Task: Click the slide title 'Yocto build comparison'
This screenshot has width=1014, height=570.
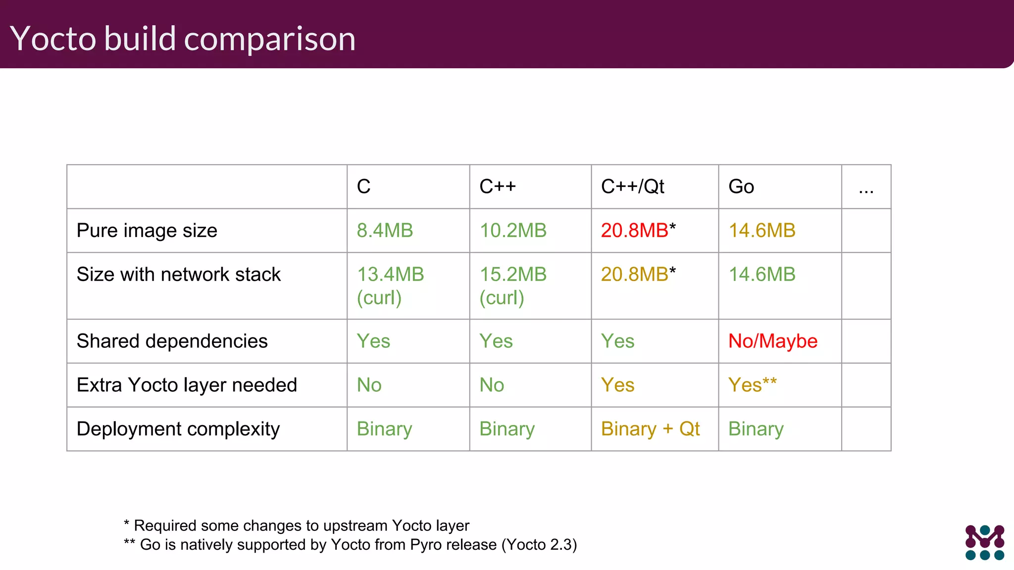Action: click(x=183, y=38)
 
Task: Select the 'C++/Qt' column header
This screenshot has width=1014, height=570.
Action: click(x=632, y=187)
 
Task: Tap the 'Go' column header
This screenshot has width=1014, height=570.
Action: click(x=741, y=187)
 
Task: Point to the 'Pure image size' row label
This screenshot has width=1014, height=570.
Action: click(x=147, y=231)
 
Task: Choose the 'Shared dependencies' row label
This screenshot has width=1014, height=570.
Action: click(x=172, y=341)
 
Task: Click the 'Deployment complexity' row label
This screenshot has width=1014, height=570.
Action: click(x=178, y=429)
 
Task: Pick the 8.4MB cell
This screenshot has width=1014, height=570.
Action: click(x=385, y=231)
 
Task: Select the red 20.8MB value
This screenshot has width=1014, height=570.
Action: click(x=635, y=231)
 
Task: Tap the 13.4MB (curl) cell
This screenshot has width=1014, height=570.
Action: click(x=390, y=285)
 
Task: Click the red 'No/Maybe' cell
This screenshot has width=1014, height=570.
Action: click(x=772, y=341)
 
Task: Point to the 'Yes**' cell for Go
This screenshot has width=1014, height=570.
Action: click(x=752, y=385)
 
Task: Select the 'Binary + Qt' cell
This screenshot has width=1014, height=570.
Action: click(x=650, y=429)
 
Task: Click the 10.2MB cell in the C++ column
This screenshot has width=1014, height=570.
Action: click(x=513, y=231)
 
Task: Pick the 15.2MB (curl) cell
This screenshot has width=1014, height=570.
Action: click(x=513, y=285)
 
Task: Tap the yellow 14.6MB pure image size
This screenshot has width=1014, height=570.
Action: click(x=762, y=231)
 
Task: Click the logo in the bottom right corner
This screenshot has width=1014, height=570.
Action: click(x=984, y=542)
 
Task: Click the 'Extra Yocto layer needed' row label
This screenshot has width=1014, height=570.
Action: click(x=187, y=385)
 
